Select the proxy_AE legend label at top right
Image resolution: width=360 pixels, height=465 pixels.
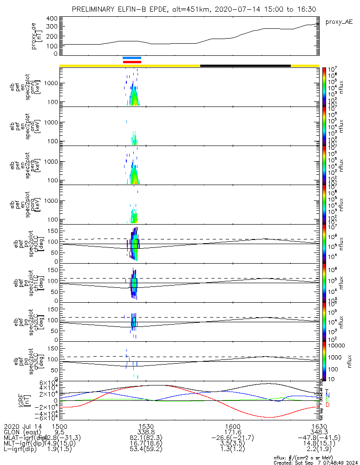(338, 22)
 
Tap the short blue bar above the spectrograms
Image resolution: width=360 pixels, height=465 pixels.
(132, 58)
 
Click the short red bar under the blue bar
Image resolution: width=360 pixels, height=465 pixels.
(132, 61)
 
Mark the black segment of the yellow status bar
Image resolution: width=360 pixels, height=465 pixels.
(245, 66)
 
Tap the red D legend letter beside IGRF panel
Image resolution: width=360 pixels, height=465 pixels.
(327, 405)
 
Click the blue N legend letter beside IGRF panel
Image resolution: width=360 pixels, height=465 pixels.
(327, 395)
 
